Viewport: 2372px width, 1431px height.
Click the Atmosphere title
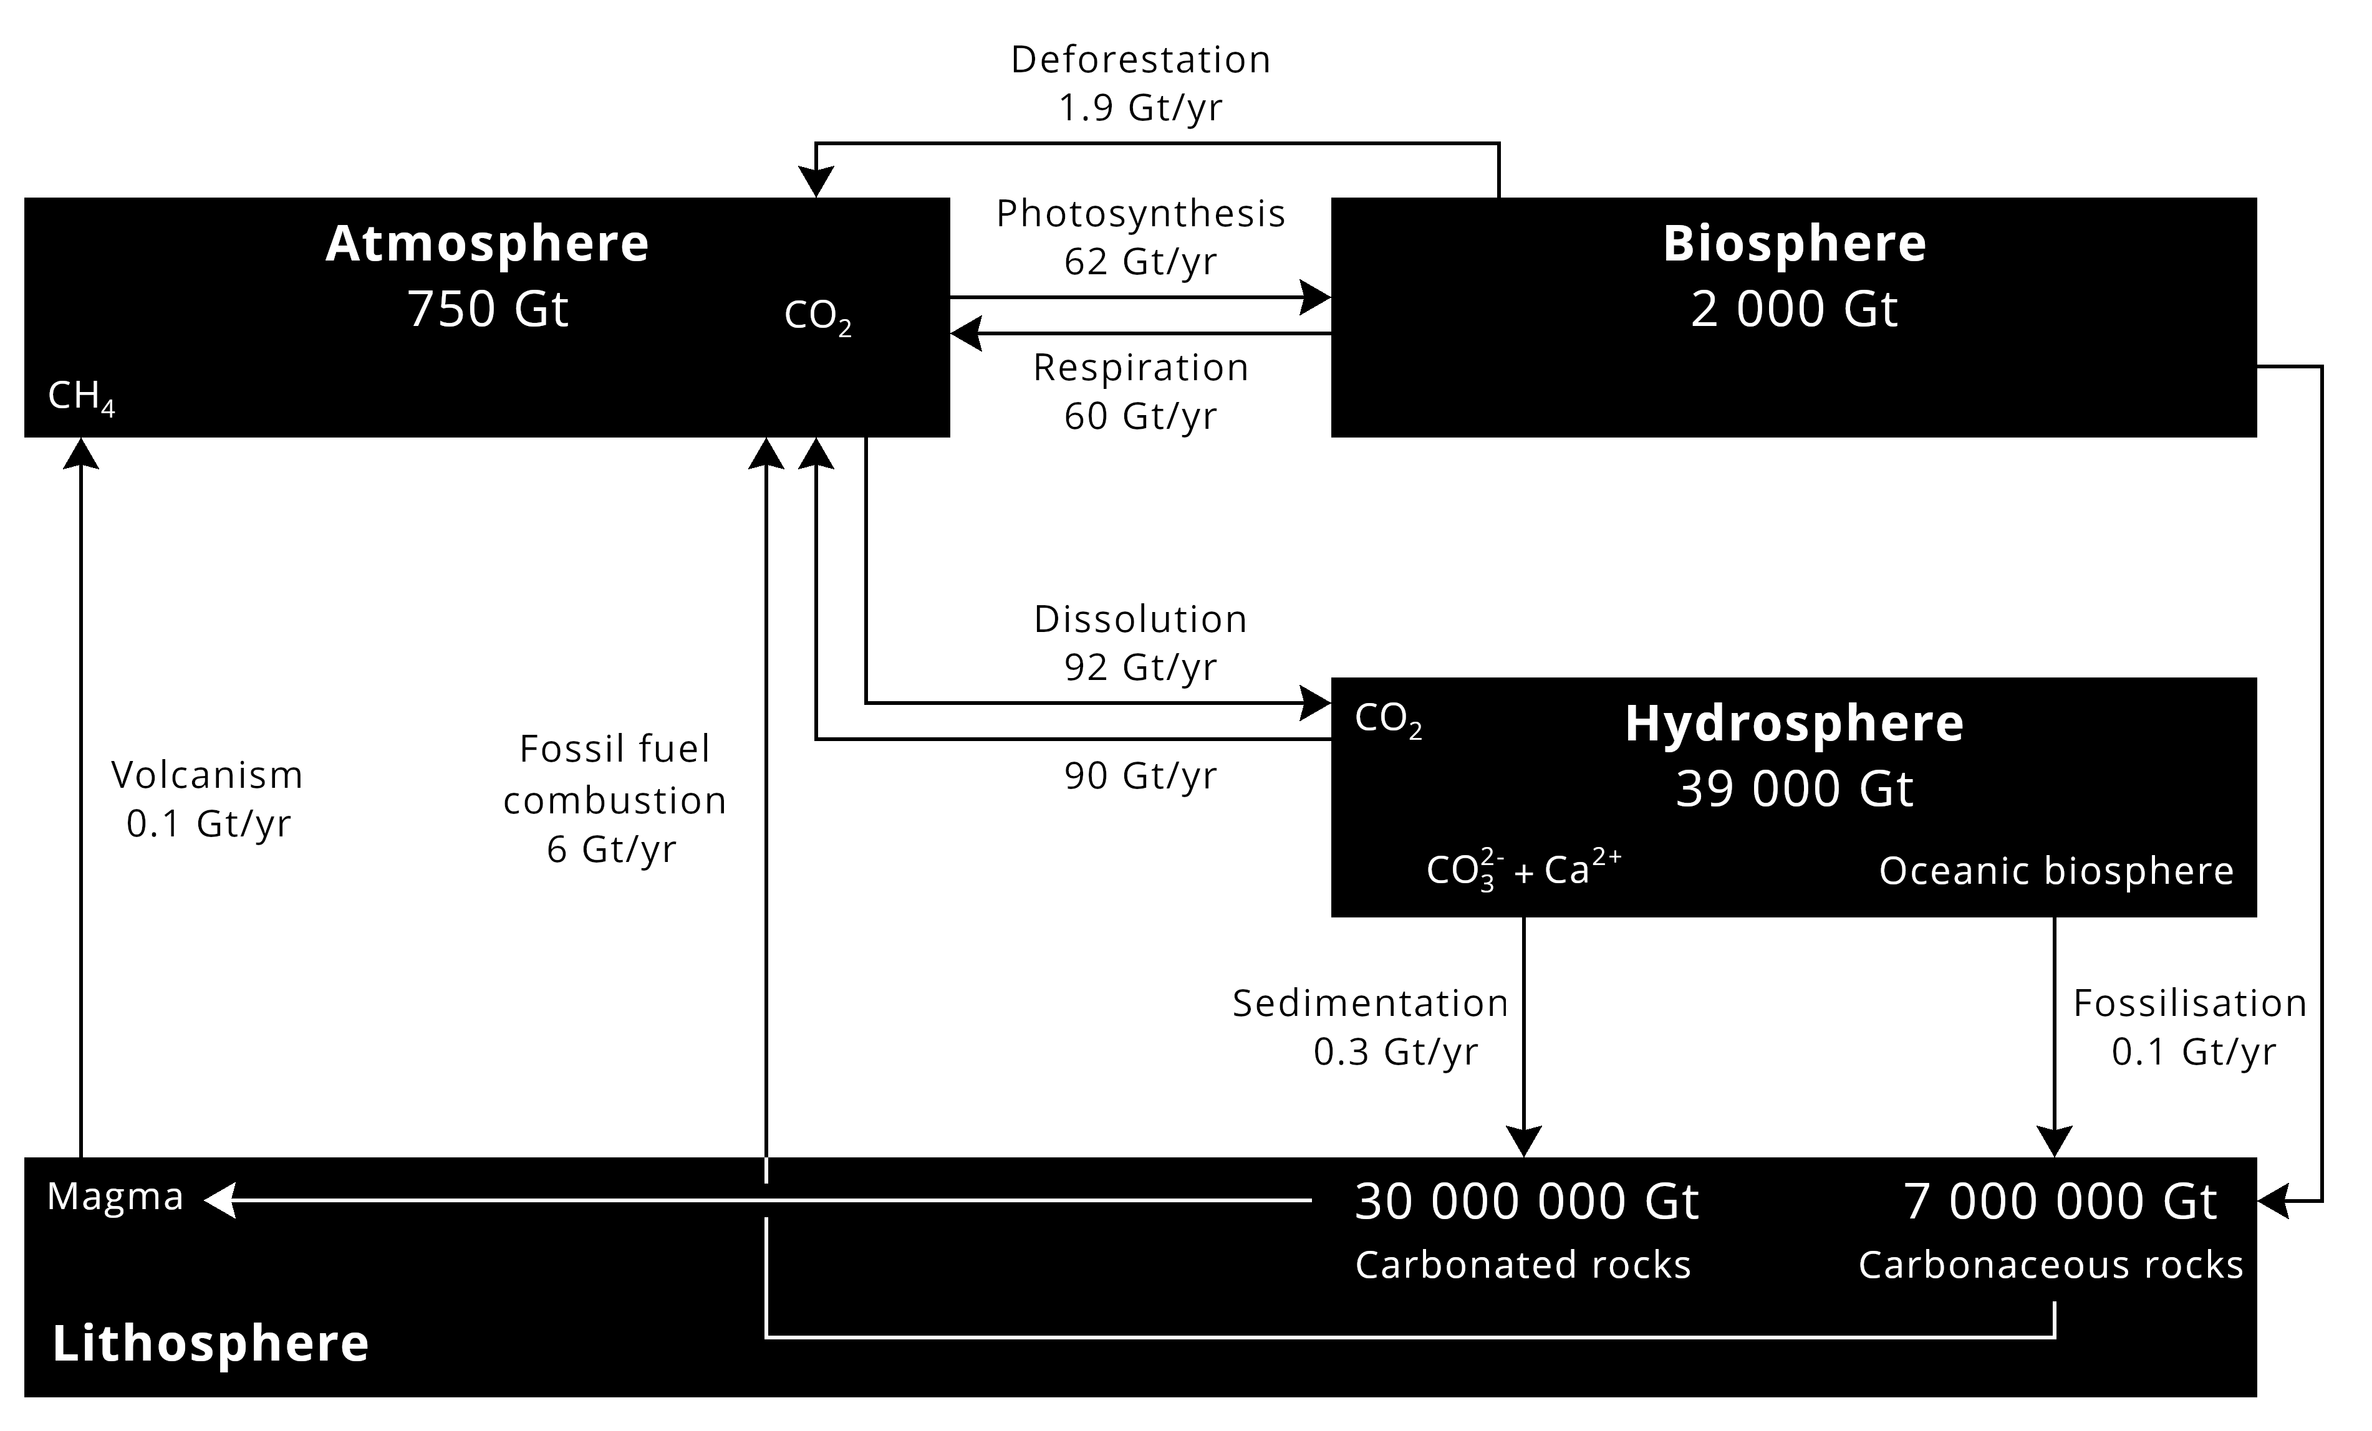487,244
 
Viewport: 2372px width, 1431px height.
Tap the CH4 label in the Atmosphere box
81,396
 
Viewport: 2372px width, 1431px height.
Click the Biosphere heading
1795,244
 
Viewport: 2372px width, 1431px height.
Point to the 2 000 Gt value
1795,309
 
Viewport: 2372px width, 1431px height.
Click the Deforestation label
1140,60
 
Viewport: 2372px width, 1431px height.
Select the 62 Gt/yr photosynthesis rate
1140,262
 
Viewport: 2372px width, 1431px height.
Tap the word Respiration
1140,368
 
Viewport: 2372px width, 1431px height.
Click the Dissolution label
1140,619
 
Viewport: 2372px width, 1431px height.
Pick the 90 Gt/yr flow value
1140,776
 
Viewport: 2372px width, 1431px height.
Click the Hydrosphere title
1795,724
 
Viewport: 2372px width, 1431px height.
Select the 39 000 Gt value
1795,789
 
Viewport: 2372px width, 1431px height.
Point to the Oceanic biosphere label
2056,871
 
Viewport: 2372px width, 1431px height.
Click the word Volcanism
207,775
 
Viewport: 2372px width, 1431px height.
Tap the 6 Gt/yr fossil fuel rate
612,849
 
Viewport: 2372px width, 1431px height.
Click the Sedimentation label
1370,1003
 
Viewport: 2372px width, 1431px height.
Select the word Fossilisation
2190,1003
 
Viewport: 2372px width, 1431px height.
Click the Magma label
115,1196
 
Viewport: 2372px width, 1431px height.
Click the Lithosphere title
211,1343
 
